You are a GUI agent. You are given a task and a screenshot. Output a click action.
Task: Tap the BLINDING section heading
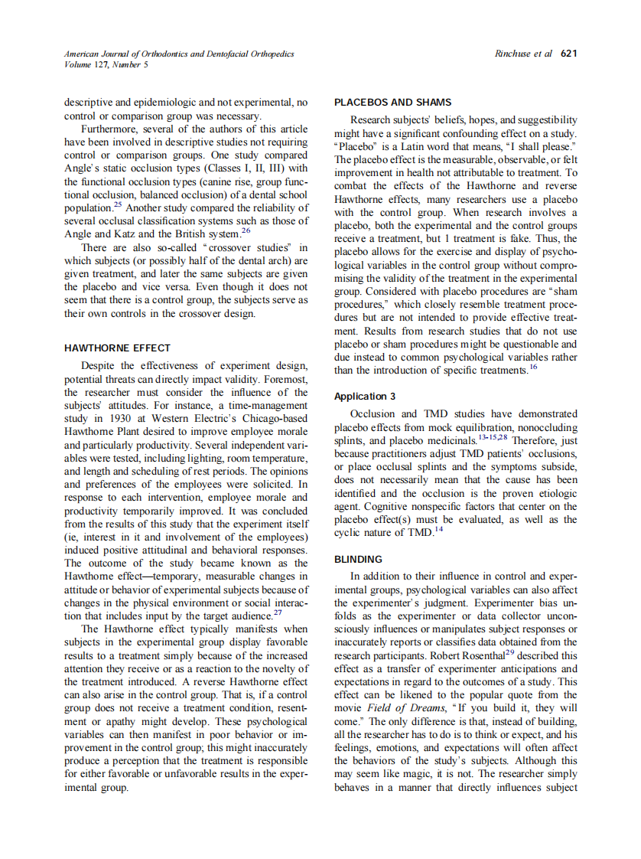(x=358, y=560)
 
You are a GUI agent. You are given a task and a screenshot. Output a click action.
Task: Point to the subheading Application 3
(x=365, y=397)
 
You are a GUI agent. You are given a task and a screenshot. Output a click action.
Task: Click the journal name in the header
(x=178, y=54)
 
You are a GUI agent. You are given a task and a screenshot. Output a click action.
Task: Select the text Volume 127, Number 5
(x=106, y=65)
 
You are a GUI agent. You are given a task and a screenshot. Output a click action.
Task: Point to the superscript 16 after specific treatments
(x=533, y=367)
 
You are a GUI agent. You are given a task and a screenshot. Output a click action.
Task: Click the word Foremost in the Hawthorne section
(x=286, y=381)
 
